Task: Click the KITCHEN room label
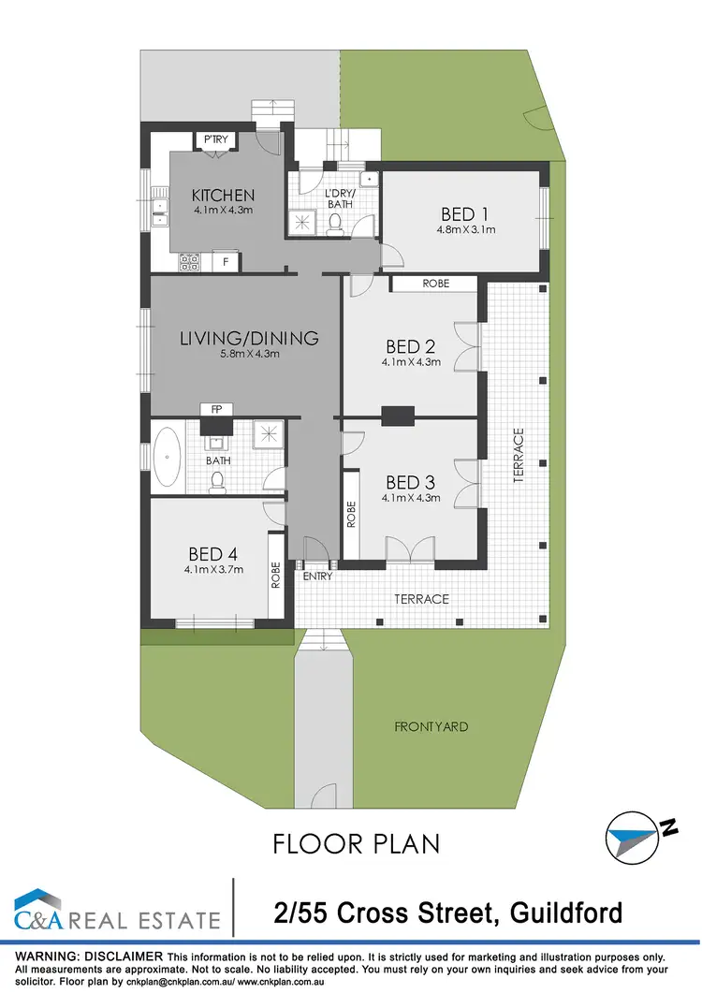(x=223, y=196)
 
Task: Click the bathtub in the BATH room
(x=169, y=458)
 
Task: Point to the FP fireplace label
(x=215, y=409)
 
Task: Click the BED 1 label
(x=465, y=212)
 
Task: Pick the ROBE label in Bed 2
(x=435, y=283)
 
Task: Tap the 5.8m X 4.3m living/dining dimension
(x=249, y=354)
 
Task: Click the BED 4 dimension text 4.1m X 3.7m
(x=213, y=566)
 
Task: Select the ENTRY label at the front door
(x=317, y=577)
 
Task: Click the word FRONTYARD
(x=431, y=726)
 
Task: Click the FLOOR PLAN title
(x=357, y=843)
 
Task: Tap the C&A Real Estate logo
(x=117, y=911)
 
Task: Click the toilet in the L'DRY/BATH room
(x=335, y=222)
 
